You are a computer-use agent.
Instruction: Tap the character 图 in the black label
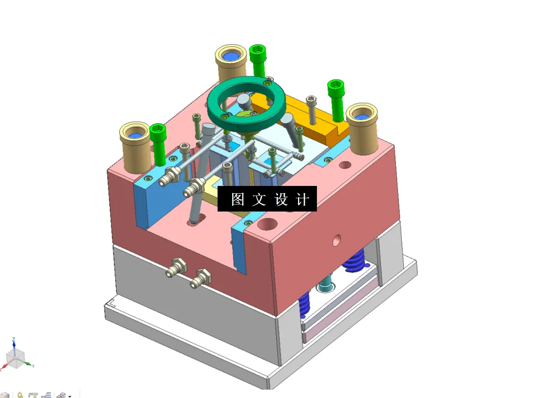coord(238,199)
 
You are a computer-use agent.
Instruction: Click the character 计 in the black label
coord(302,199)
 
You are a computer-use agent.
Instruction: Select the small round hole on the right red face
coord(337,241)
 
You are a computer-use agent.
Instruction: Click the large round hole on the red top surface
coord(267,225)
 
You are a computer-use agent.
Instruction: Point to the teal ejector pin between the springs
coord(325,285)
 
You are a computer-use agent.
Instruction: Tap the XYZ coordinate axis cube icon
coord(15,358)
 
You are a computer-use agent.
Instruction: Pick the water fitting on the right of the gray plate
coord(201,278)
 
